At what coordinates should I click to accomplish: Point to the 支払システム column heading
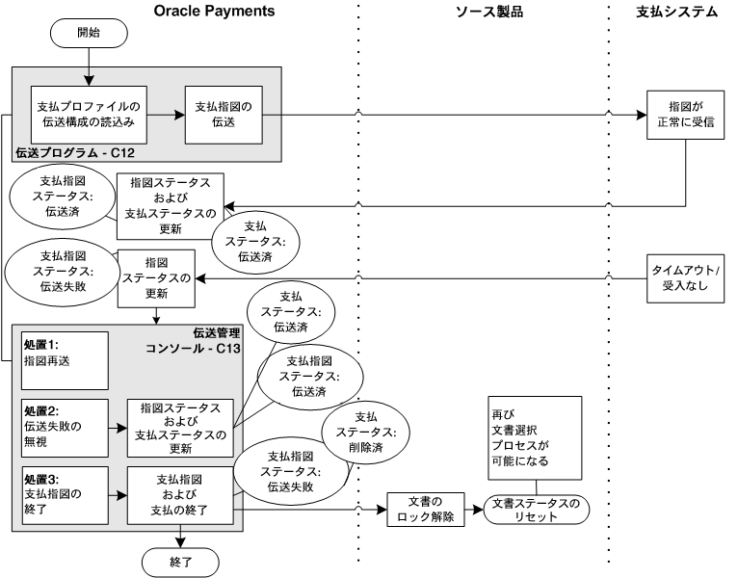coord(677,11)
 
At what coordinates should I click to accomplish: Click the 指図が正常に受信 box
coord(686,114)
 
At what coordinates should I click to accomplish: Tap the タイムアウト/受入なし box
coord(686,277)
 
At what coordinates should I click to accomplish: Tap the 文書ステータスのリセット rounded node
coord(536,509)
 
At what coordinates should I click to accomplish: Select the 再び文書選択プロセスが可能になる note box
coord(534,437)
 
